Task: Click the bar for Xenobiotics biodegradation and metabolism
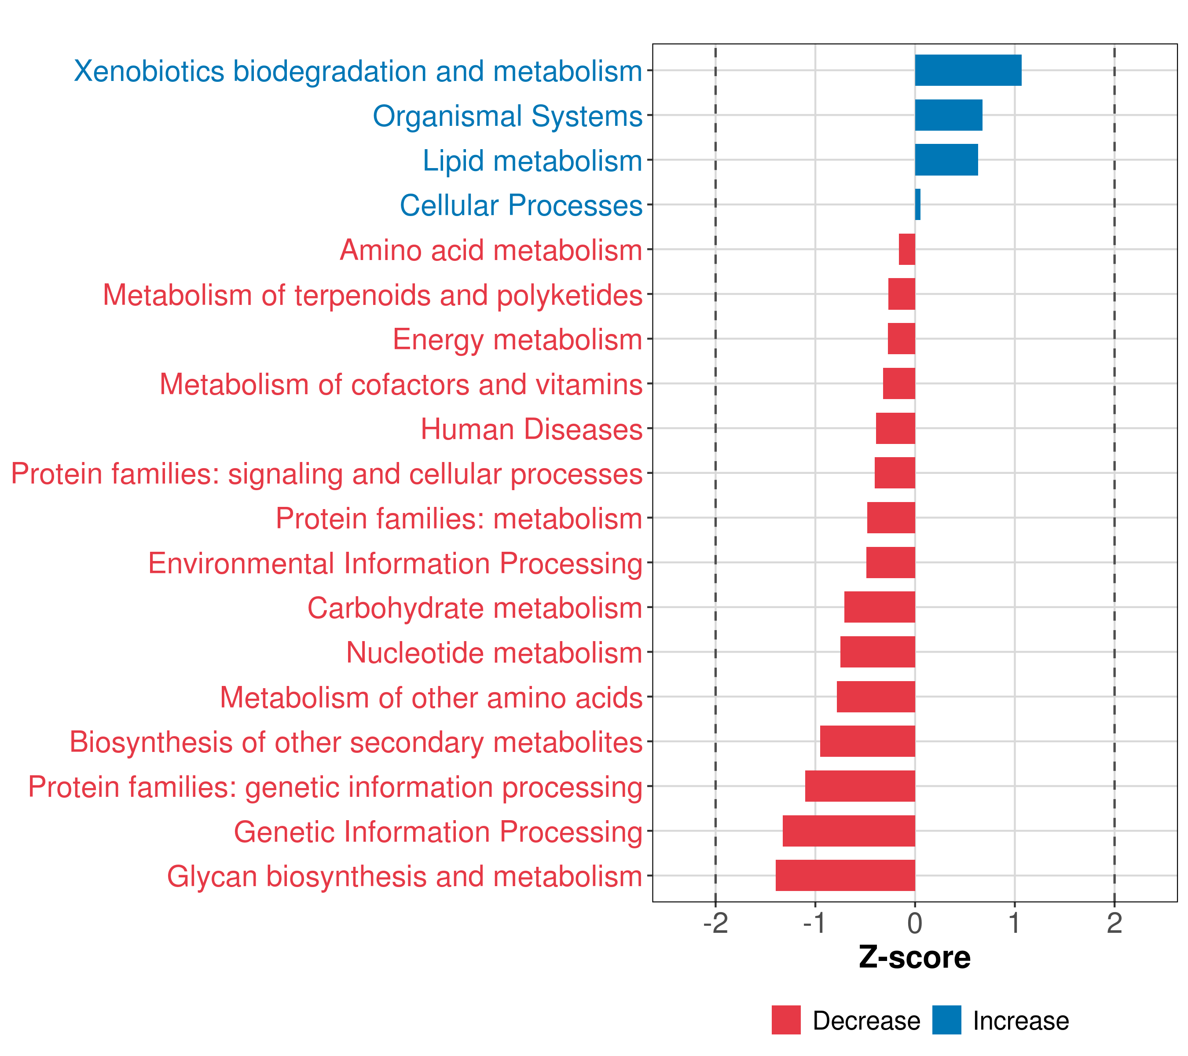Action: tap(968, 70)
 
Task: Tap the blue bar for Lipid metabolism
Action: tap(946, 160)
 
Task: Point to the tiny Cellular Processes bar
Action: tap(918, 205)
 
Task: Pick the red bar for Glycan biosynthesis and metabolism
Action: tap(845, 875)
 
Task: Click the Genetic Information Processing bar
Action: tap(849, 831)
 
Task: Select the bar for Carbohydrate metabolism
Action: tap(880, 607)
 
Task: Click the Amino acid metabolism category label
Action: tap(491, 250)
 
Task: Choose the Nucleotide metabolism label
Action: tap(494, 653)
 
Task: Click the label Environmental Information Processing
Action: tap(395, 563)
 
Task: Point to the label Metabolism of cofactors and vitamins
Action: tap(401, 385)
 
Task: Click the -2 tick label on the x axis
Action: tap(715, 923)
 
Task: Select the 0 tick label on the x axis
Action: tap(915, 923)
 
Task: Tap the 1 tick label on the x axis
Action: tap(1014, 923)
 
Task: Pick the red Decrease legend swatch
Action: tap(786, 1020)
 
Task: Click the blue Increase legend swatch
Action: tap(946, 1020)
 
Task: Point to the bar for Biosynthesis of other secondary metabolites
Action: tap(867, 741)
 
